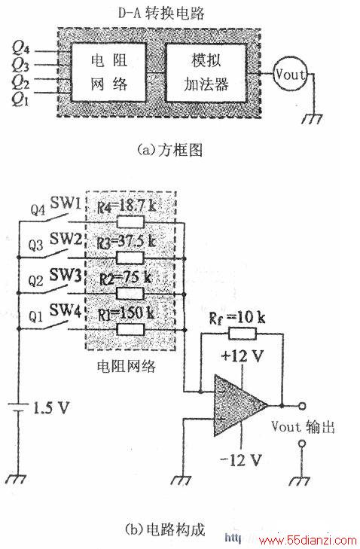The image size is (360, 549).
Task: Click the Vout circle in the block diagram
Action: (x=289, y=75)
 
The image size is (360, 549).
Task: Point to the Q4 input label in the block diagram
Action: (x=20, y=48)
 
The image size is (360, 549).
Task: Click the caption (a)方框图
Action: (x=170, y=150)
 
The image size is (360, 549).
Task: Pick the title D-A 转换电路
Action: (x=161, y=14)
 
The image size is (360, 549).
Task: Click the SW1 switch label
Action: (x=66, y=203)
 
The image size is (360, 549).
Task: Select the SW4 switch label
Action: (x=66, y=310)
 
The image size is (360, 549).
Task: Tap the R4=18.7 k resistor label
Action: (x=126, y=206)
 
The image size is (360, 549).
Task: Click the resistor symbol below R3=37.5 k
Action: (x=130, y=258)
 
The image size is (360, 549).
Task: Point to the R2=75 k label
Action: (x=125, y=279)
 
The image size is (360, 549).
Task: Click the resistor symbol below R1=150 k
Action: (x=130, y=329)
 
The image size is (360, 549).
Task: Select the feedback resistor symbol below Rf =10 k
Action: (x=242, y=334)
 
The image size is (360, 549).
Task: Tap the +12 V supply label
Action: (x=242, y=356)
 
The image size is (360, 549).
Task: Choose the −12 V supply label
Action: (x=241, y=459)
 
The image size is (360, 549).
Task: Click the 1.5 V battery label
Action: (x=51, y=408)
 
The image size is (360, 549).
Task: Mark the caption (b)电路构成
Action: (x=165, y=529)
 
